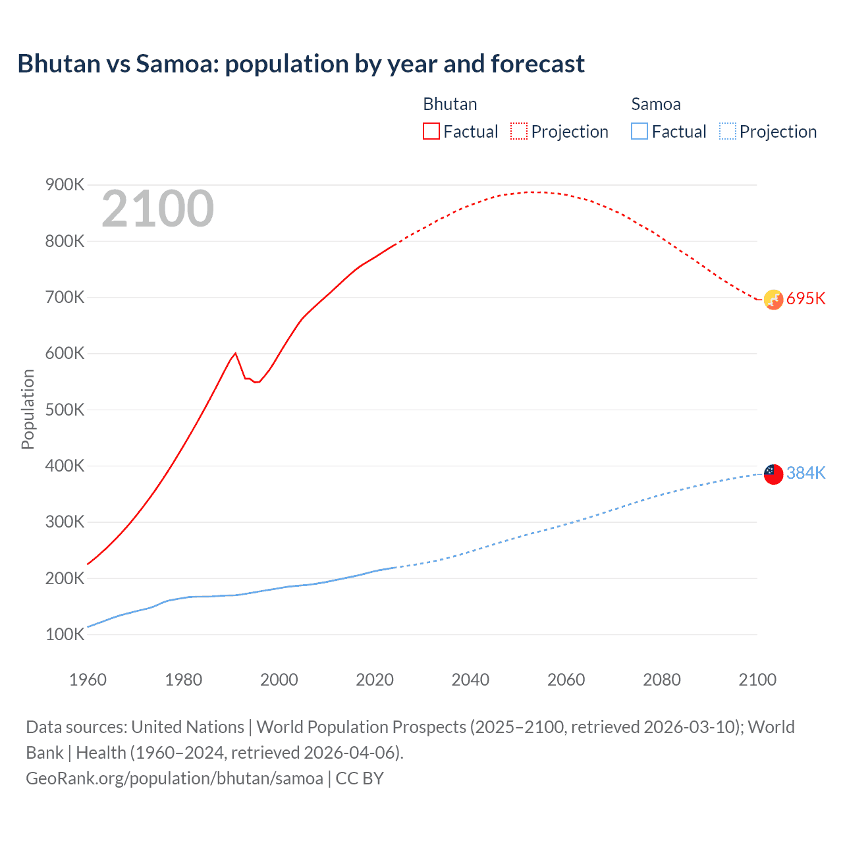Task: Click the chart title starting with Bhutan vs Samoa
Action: click(x=301, y=64)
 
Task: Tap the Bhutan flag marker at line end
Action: click(x=773, y=299)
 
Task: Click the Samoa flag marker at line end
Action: click(x=773, y=474)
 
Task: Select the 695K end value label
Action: click(x=805, y=298)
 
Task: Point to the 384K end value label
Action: click(x=805, y=473)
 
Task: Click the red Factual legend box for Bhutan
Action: click(x=431, y=131)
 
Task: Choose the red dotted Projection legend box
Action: click(x=519, y=131)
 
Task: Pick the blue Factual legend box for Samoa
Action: click(x=639, y=131)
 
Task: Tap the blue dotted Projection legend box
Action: click(x=728, y=131)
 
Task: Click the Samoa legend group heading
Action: click(x=655, y=104)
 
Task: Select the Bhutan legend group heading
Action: click(x=450, y=104)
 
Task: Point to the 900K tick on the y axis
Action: click(x=65, y=185)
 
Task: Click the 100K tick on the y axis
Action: click(x=65, y=635)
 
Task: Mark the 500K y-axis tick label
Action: click(x=65, y=410)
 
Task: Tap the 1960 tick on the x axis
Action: click(x=88, y=680)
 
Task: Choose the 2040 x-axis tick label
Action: click(x=470, y=680)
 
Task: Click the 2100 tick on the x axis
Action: click(x=757, y=680)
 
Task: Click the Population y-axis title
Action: click(x=28, y=409)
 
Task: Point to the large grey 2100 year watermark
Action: click(x=157, y=209)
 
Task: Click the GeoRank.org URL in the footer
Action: click(x=175, y=778)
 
